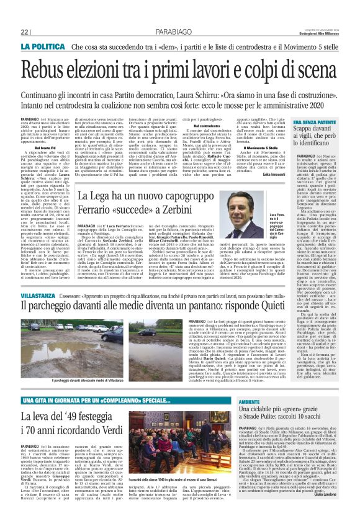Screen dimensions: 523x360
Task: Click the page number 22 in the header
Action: [25, 31]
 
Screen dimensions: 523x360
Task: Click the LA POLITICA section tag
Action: [43, 47]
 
